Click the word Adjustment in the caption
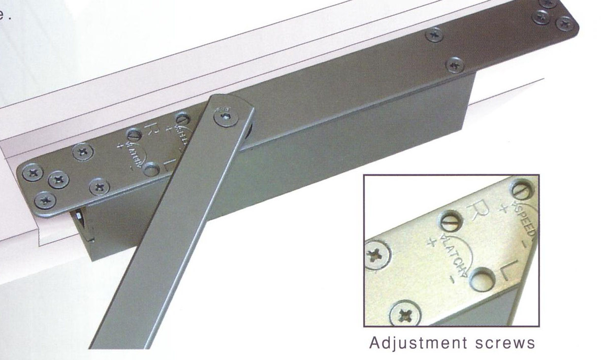pyautogui.click(x=413, y=342)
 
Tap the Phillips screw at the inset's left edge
pyautogui.click(x=376, y=255)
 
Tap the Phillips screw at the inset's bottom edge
pyautogui.click(x=406, y=313)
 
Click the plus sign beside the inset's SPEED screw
pyautogui.click(x=502, y=207)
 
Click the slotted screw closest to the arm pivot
pyautogui.click(x=183, y=119)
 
